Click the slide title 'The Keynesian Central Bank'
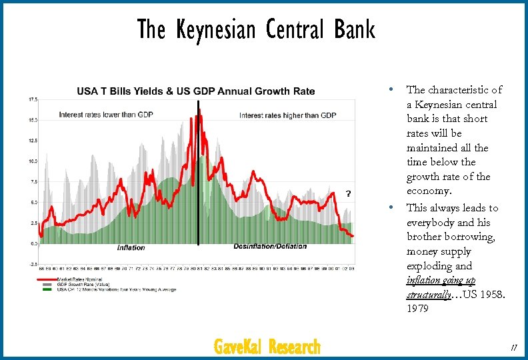pos(256,29)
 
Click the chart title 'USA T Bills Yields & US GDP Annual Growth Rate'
pos(196,91)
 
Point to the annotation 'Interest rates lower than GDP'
pos(105,115)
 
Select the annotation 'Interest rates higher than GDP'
pos(287,115)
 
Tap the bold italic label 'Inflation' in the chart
pos(131,248)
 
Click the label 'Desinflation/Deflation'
pos(270,246)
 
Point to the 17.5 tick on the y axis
pos(31,99)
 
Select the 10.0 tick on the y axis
pos(31,161)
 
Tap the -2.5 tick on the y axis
pos(31,264)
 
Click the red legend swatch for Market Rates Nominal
pos(47,279)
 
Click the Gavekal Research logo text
pos(267,347)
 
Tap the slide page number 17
pos(513,347)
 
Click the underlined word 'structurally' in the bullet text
pos(429,295)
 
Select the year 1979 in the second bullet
pos(419,309)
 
